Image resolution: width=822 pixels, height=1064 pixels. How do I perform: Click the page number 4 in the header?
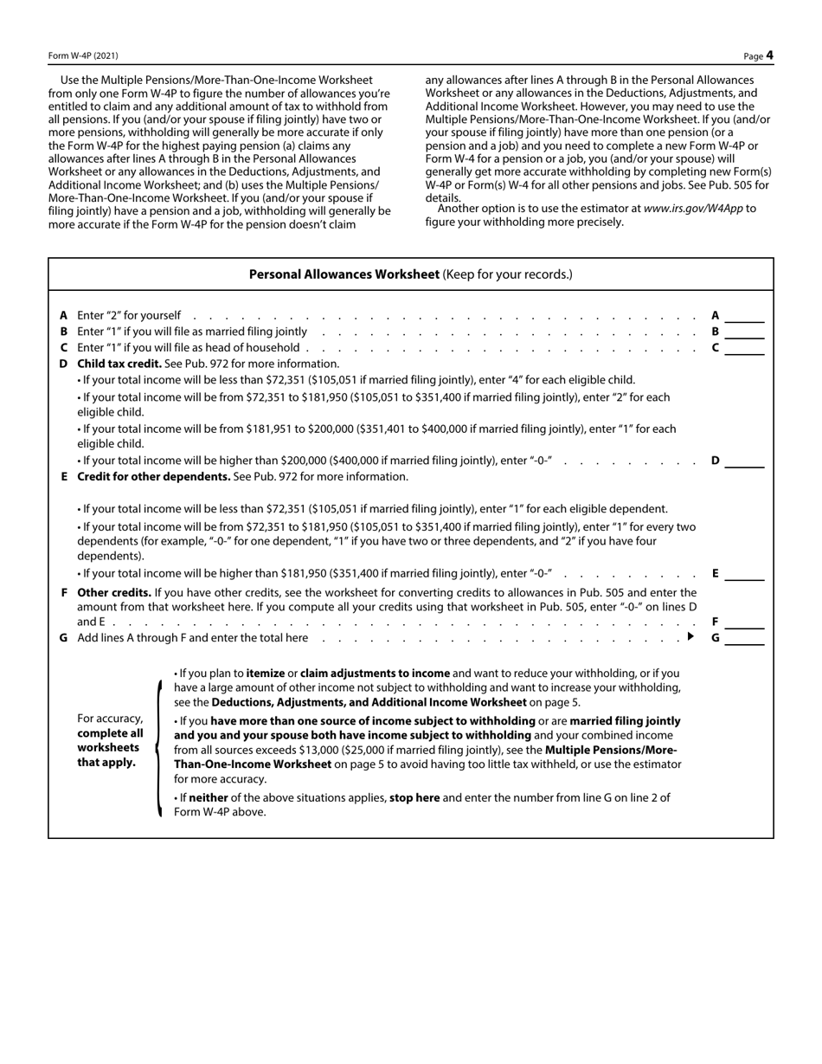(x=769, y=56)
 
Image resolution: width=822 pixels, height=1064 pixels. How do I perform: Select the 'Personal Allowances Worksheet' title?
(x=344, y=274)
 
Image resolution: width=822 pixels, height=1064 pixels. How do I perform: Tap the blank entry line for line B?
(x=744, y=333)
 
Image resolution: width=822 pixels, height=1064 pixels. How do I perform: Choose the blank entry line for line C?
(x=744, y=350)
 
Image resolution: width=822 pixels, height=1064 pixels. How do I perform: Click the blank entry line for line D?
(x=744, y=462)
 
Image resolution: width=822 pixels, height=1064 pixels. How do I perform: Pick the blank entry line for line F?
(x=744, y=623)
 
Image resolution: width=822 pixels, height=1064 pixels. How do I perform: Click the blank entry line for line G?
(x=744, y=640)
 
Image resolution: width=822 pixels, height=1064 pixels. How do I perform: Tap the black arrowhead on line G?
(x=690, y=637)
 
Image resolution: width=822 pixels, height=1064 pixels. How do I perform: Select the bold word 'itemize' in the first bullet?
(x=267, y=673)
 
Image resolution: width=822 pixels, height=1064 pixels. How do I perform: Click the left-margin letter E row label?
(x=64, y=477)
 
